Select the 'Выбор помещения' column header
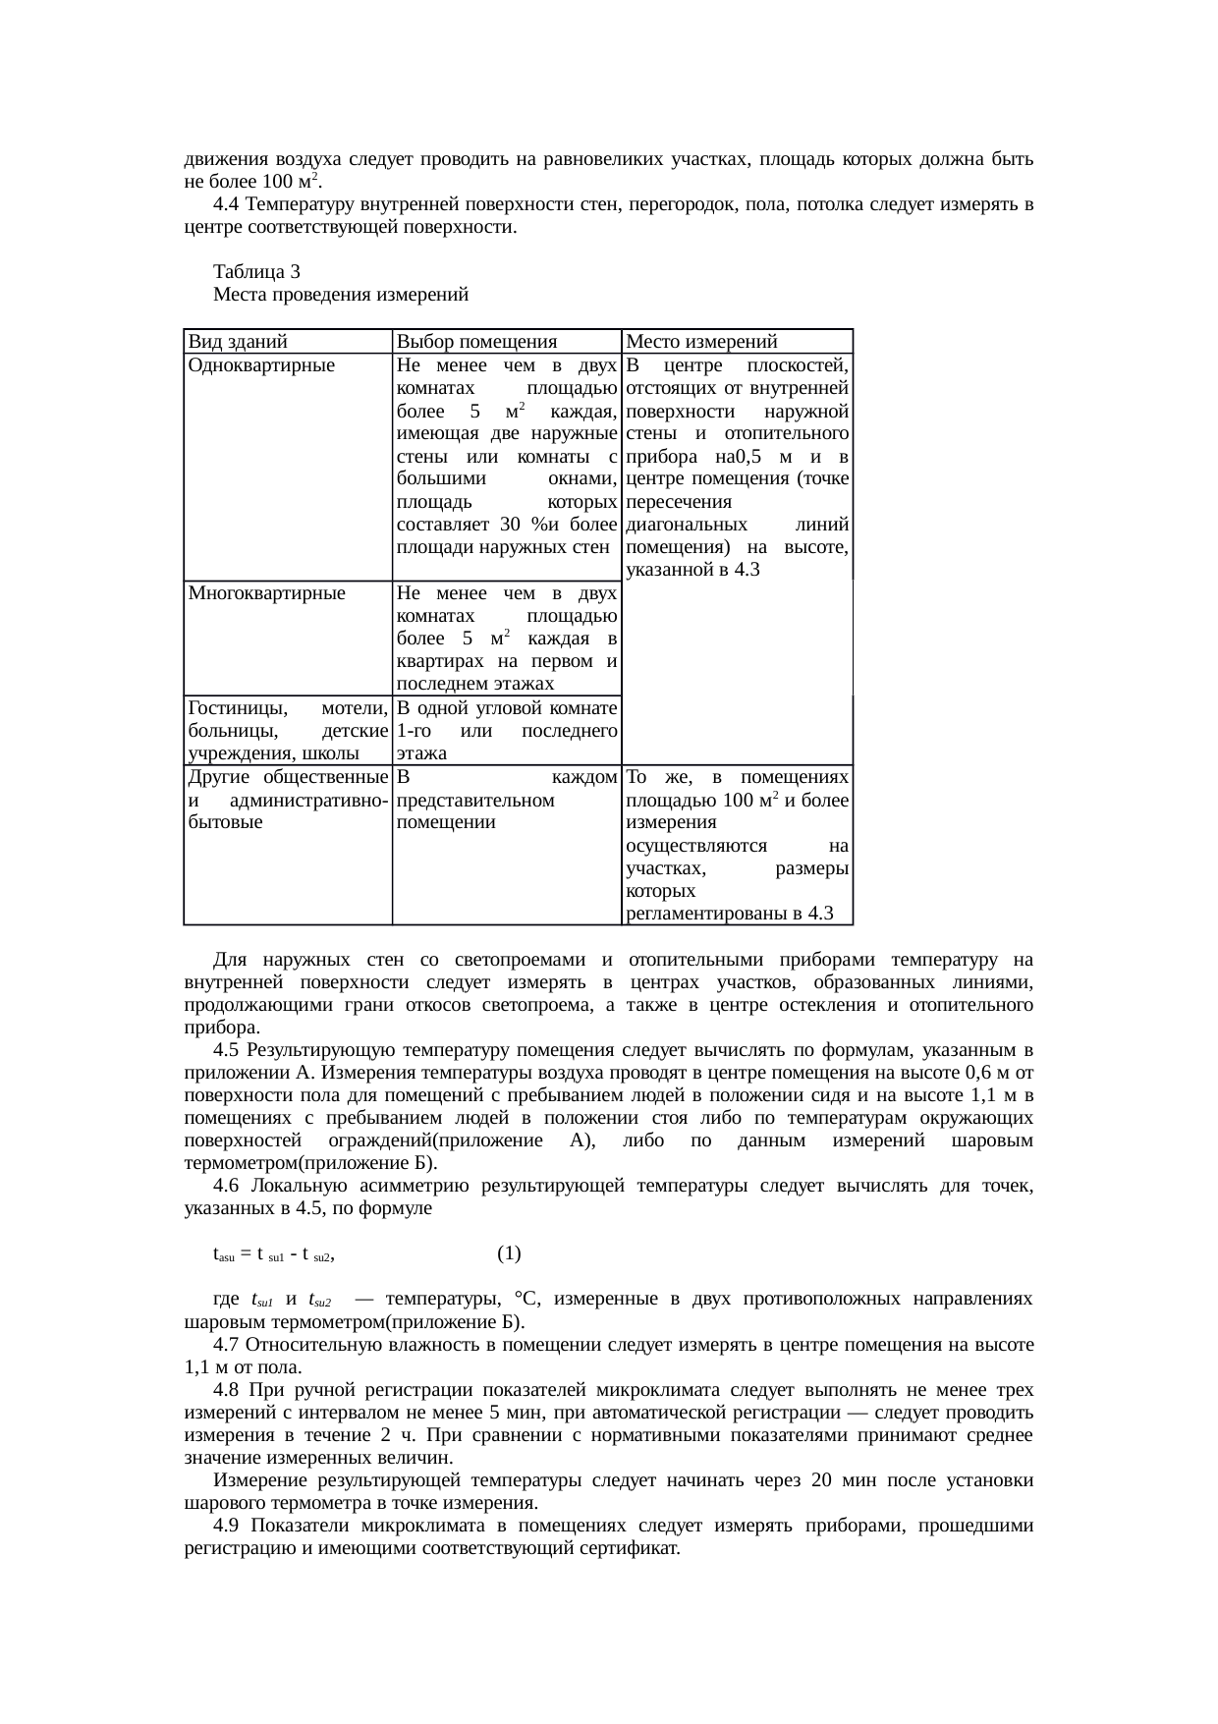click(x=475, y=342)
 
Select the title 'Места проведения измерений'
click(x=340, y=294)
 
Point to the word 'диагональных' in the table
click(x=687, y=524)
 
